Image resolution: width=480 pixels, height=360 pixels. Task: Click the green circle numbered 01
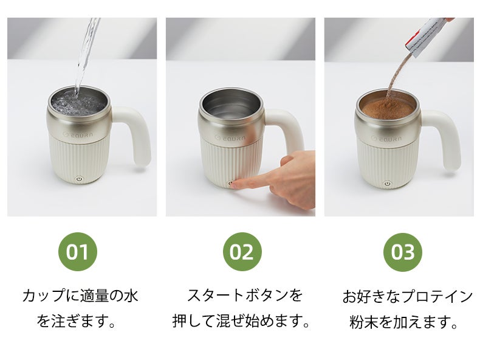[77, 252]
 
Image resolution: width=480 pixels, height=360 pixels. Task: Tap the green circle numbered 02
[242, 252]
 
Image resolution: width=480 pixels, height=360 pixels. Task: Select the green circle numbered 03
[403, 252]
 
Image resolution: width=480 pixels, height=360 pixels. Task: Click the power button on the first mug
[79, 179]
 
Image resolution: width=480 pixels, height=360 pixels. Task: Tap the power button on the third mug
[388, 184]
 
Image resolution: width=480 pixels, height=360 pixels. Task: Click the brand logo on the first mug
[77, 134]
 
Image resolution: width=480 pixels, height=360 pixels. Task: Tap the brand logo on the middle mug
[230, 137]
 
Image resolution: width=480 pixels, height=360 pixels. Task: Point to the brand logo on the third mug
[386, 139]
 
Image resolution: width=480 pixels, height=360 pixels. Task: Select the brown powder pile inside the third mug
[388, 106]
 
